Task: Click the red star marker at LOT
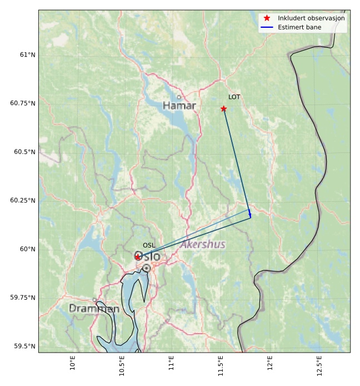pos(223,108)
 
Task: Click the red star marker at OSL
pos(138,257)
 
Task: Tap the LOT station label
pos(234,97)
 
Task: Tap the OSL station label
pos(149,245)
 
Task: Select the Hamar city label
pos(179,106)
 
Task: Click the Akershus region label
pos(203,245)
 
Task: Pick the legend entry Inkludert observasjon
pos(311,18)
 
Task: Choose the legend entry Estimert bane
pos(299,27)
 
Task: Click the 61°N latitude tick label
pos(27,55)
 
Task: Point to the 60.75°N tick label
pos(23,103)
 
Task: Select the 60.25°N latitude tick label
pos(23,201)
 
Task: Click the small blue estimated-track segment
pos(250,214)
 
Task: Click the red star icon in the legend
pos(267,18)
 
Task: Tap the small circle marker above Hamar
pos(179,97)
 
